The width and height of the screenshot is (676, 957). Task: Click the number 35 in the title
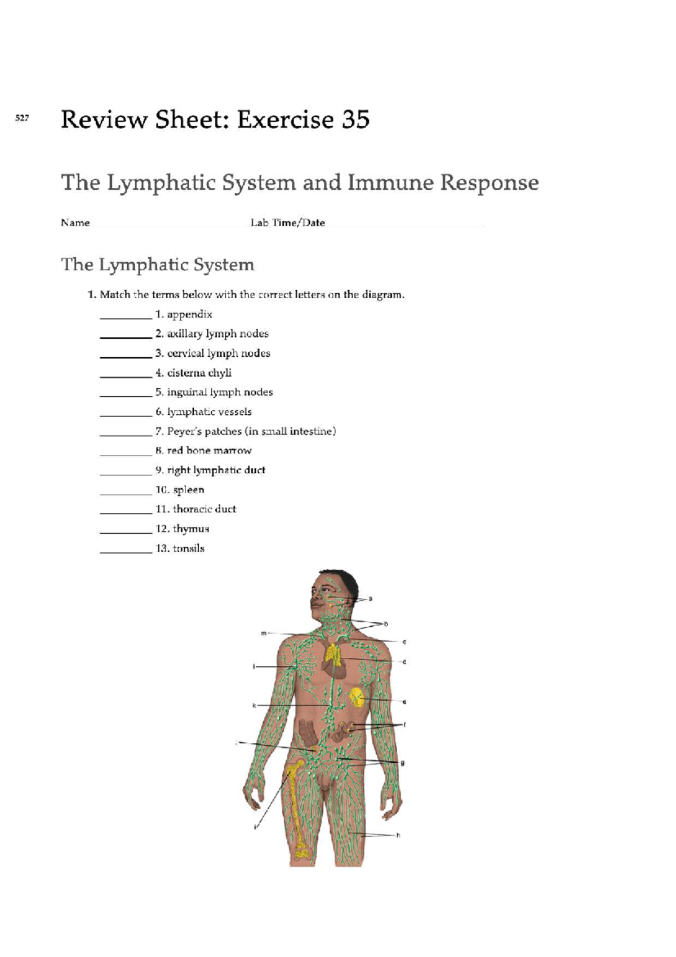coord(354,119)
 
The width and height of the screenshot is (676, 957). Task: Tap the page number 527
coord(22,118)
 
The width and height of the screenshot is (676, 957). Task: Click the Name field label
coord(75,223)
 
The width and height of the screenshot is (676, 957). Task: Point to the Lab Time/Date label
coord(288,223)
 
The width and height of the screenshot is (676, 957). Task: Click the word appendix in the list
coord(190,314)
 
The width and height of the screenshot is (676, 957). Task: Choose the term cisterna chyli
coord(199,373)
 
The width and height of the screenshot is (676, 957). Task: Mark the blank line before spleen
coord(126,494)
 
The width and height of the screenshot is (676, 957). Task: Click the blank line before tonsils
coord(126,553)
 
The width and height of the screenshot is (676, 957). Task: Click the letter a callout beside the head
coord(370,599)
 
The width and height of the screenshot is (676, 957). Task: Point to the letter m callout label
coord(264,633)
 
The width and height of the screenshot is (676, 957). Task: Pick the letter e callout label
coord(404,702)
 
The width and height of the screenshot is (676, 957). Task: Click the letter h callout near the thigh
coord(398,835)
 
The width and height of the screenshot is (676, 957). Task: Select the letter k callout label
coord(254,706)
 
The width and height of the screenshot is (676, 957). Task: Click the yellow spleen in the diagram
coord(357,698)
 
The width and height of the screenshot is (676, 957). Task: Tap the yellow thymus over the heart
coord(333,653)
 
